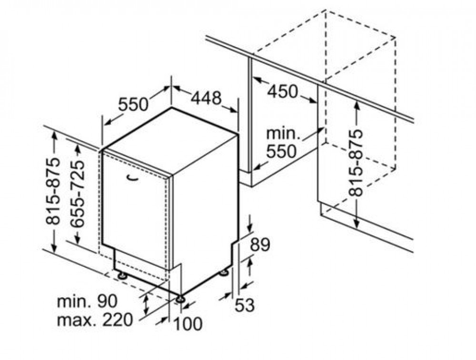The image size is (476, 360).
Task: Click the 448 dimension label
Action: pyautogui.click(x=207, y=97)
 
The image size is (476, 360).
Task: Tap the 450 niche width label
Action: pyautogui.click(x=282, y=91)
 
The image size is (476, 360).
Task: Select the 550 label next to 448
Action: pyautogui.click(x=133, y=104)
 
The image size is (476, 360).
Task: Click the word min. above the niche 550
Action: pyautogui.click(x=283, y=134)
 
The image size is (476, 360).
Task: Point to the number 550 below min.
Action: pyautogui.click(x=281, y=151)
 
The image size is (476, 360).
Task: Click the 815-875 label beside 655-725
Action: pyautogui.click(x=52, y=191)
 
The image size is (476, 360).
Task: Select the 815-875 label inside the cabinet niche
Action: pyautogui.click(x=356, y=162)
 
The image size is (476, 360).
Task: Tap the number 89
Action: pyautogui.click(x=260, y=244)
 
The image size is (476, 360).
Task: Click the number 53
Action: pyautogui.click(x=244, y=305)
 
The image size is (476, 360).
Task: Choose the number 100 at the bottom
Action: pyautogui.click(x=187, y=323)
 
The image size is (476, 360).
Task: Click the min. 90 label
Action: pyautogui.click(x=87, y=302)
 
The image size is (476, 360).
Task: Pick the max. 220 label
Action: pyautogui.click(x=95, y=320)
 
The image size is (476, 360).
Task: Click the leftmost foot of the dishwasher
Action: pyautogui.click(x=122, y=275)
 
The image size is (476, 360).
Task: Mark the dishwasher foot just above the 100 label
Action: pyautogui.click(x=180, y=299)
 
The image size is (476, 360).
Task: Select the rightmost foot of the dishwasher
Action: pyautogui.click(x=224, y=273)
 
